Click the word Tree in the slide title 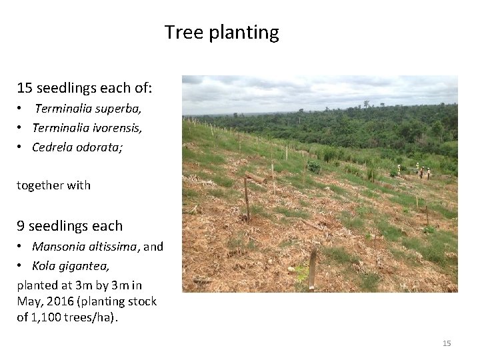(180, 32)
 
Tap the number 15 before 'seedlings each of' (25, 88)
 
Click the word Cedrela (53, 147)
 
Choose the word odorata (99, 147)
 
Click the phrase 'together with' (53, 185)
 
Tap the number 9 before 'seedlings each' (21, 226)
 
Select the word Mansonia (59, 247)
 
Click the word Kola (44, 266)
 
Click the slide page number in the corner (447, 343)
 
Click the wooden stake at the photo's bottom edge (312, 270)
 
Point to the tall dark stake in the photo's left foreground (247, 199)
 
